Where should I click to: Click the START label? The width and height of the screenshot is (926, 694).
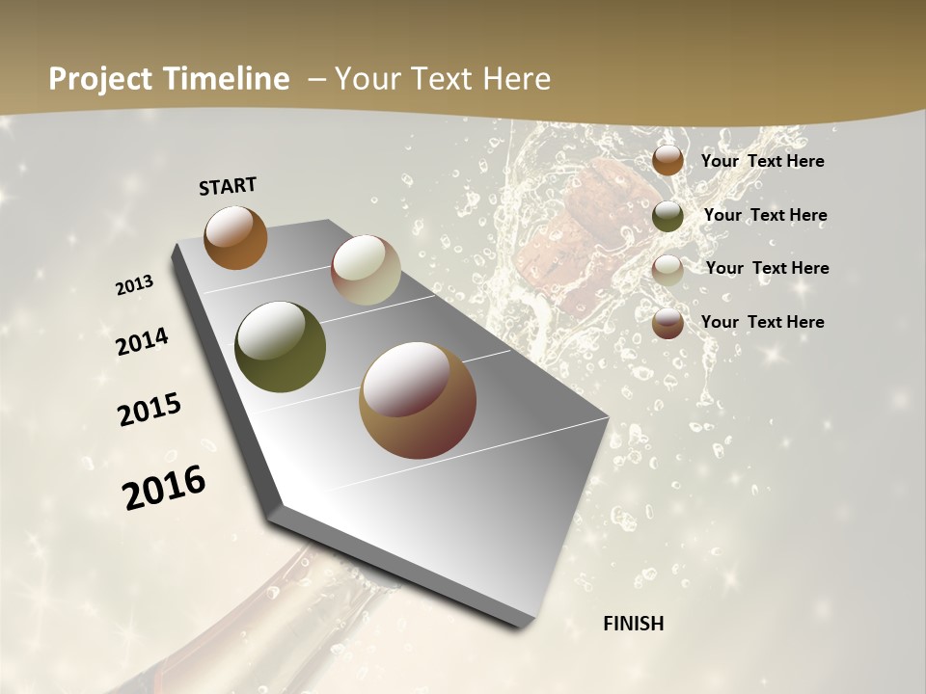[228, 186]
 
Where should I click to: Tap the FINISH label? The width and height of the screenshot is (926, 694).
[633, 624]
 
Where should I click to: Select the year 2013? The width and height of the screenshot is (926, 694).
[134, 285]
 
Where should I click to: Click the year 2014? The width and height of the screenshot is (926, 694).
[142, 341]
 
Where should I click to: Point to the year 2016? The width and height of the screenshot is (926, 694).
[164, 487]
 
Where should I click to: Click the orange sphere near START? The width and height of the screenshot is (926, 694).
[235, 237]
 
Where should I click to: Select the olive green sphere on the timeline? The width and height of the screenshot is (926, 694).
[280, 347]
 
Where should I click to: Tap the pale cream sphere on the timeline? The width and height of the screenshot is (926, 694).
[366, 270]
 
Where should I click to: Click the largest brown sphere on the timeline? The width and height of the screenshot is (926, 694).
[418, 400]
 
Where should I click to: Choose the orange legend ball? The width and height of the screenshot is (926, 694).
[667, 160]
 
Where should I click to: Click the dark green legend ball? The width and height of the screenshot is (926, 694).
[667, 215]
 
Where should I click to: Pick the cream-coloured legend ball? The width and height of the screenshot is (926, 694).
[667, 269]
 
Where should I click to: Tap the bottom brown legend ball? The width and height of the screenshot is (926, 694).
[667, 323]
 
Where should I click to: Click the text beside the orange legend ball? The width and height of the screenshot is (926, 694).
[762, 161]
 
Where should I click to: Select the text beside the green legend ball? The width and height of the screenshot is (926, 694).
[765, 215]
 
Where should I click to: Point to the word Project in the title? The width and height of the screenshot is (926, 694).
[99, 79]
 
